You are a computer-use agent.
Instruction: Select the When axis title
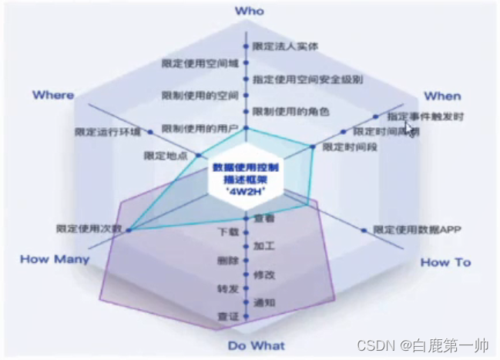[442, 96]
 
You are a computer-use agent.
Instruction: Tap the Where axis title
[53, 95]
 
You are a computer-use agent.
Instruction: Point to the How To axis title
[445, 262]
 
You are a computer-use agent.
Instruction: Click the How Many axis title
[55, 259]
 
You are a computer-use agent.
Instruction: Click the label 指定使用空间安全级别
[297, 79]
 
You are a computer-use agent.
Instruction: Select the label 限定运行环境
[109, 131]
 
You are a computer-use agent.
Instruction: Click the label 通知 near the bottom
[265, 302]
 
